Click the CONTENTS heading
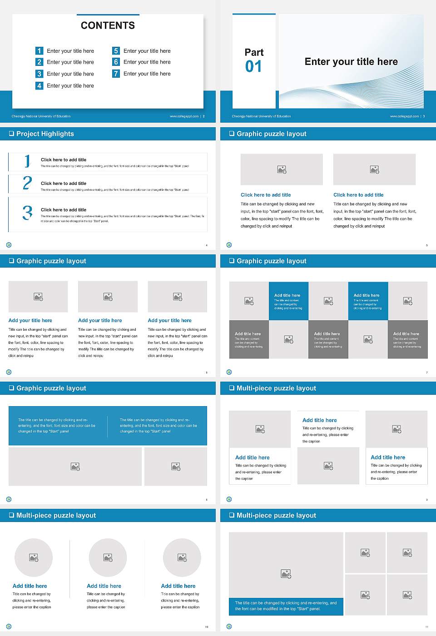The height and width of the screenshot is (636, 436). (108, 25)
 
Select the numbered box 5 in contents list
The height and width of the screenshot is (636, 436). (116, 51)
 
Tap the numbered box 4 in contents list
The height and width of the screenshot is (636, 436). (40, 85)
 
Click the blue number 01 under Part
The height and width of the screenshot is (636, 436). (253, 67)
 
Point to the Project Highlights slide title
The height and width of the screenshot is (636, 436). (45, 134)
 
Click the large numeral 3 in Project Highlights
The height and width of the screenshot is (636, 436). (28, 213)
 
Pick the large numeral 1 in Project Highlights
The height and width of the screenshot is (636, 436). (27, 161)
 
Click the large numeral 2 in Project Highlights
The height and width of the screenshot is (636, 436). (27, 183)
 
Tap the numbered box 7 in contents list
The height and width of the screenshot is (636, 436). (116, 74)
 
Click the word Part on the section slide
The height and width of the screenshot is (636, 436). (254, 52)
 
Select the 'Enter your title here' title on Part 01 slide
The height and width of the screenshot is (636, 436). (351, 62)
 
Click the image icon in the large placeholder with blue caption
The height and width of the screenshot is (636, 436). (286, 574)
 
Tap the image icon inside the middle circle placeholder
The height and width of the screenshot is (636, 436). (108, 557)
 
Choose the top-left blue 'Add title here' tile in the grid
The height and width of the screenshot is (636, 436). (288, 301)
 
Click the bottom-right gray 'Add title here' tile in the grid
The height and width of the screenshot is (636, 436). (407, 339)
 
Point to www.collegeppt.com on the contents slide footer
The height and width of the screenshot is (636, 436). (184, 116)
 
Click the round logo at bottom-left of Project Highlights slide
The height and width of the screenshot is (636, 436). (9, 245)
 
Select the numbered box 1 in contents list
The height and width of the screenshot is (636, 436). (40, 51)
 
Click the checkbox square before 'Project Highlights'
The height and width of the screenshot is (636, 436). (11, 134)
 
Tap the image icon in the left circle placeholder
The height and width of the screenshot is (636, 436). (34, 557)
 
